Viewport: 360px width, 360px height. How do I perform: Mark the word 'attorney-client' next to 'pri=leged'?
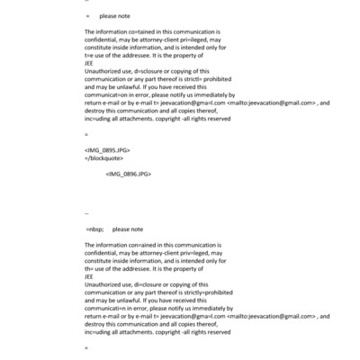[x=158, y=40]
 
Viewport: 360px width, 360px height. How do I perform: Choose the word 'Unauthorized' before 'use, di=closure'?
[x=103, y=283]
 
